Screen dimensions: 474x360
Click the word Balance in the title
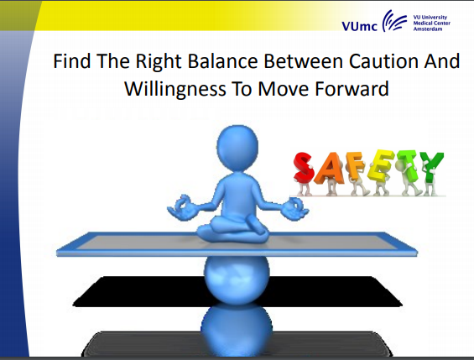click(x=222, y=61)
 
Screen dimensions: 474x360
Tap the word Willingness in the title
click(x=175, y=90)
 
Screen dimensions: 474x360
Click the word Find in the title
click(x=72, y=61)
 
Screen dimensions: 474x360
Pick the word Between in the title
click(x=303, y=61)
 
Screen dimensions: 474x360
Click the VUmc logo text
click(x=360, y=26)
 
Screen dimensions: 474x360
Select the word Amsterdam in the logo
click(x=428, y=29)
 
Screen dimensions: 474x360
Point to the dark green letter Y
click(x=432, y=167)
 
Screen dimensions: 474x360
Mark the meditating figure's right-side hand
click(x=294, y=208)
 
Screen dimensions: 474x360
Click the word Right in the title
click(x=159, y=61)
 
